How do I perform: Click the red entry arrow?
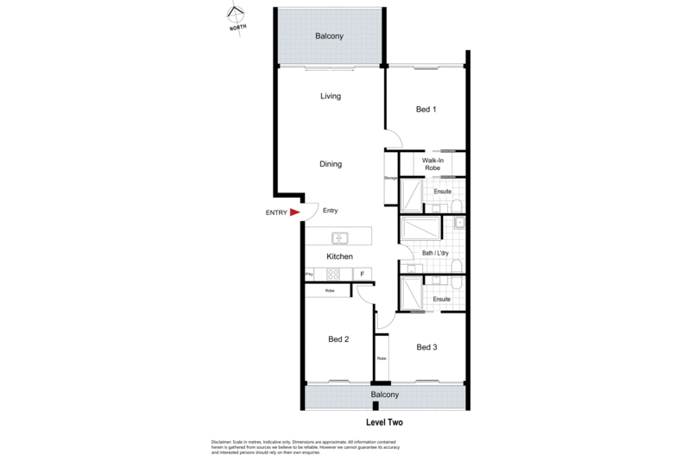(294, 212)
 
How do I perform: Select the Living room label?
(331, 97)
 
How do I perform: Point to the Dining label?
(331, 164)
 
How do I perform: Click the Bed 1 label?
(426, 110)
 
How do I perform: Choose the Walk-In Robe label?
(433, 165)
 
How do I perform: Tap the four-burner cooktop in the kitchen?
(332, 274)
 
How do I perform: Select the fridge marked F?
(363, 274)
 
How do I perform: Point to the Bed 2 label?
(338, 339)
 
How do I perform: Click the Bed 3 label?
(427, 347)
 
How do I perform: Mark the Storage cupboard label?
(390, 178)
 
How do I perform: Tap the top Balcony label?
(329, 36)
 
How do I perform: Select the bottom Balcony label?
(385, 395)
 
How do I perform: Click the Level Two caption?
(385, 423)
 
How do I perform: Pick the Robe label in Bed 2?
(330, 291)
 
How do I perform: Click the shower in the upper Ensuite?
(412, 193)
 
